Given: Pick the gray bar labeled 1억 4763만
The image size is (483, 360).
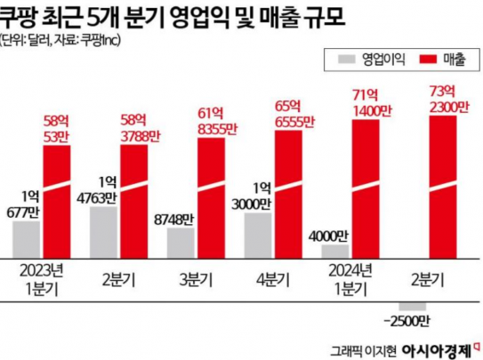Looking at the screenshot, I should point(103,231).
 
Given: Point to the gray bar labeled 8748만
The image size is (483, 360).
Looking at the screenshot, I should point(181,242).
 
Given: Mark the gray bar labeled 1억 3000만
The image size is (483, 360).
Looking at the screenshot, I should point(258,234).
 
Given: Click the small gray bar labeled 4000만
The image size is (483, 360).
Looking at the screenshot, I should point(335,250).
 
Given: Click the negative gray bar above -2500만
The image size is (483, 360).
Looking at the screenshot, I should point(413,307).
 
